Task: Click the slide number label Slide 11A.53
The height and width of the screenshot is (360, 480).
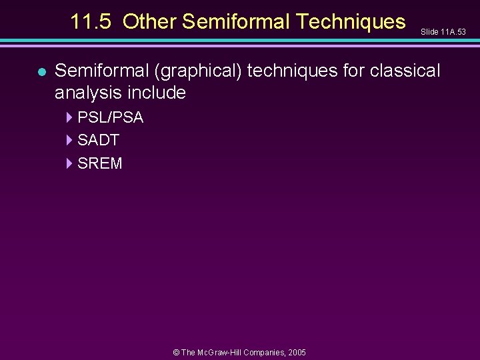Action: pyautogui.click(x=443, y=32)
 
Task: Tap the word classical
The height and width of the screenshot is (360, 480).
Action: pyautogui.click(x=408, y=70)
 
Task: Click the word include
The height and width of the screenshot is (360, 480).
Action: pyautogui.click(x=159, y=92)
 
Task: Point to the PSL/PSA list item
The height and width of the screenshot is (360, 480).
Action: pyautogui.click(x=110, y=117)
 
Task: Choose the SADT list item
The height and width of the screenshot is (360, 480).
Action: pyautogui.click(x=98, y=140)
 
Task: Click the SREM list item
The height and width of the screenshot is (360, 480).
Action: pyautogui.click(x=100, y=163)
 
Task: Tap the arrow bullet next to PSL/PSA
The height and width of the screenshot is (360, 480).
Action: pyautogui.click(x=69, y=117)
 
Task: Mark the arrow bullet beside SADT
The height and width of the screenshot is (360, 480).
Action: pyautogui.click(x=69, y=140)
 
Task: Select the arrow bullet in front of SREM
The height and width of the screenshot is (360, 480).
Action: pyautogui.click(x=69, y=163)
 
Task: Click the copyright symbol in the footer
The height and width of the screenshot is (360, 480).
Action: pyautogui.click(x=176, y=352)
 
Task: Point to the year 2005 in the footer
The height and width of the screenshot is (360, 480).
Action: pyautogui.click(x=297, y=352)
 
